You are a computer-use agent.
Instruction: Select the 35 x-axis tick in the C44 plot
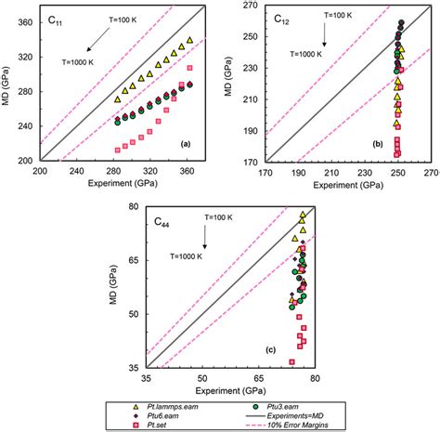pos(146,379)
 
